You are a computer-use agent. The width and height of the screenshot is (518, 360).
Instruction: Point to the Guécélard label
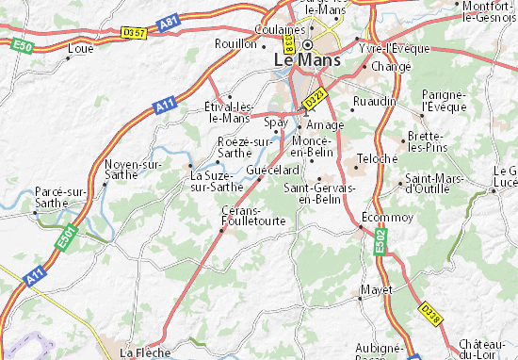point(273,170)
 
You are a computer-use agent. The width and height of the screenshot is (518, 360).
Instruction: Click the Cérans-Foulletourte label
point(245,216)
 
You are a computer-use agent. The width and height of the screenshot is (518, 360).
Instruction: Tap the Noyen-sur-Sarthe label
point(132,169)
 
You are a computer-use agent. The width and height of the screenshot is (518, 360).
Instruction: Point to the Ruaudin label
point(371,101)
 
